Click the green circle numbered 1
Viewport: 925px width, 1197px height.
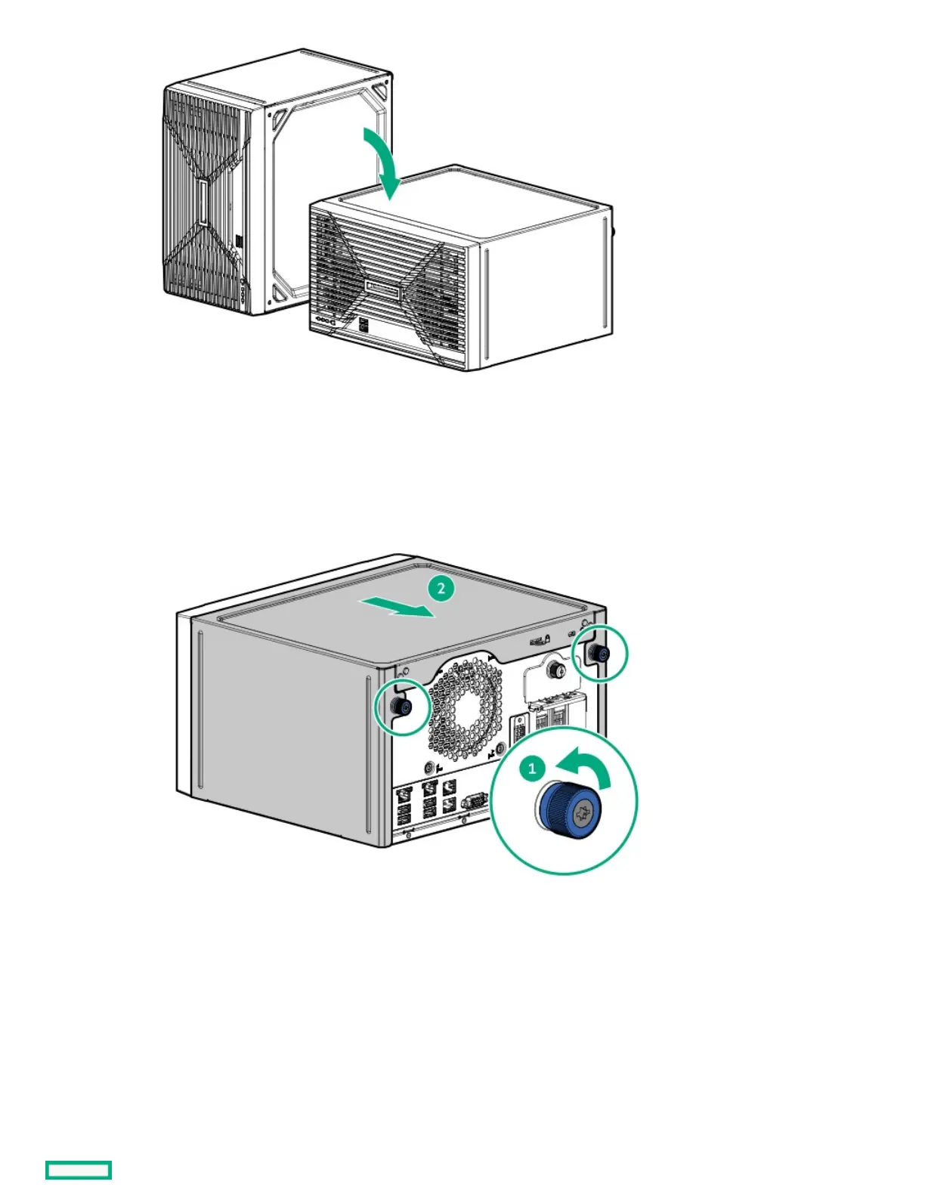[532, 769]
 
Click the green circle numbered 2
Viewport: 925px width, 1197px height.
[441, 589]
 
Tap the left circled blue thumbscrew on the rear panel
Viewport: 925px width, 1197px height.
[401, 707]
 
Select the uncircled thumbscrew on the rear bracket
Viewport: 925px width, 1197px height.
[556, 669]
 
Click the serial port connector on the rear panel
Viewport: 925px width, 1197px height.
[473, 801]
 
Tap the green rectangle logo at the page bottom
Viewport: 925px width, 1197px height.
[79, 1170]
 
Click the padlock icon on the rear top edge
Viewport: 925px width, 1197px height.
[547, 639]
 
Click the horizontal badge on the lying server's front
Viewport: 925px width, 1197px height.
[383, 287]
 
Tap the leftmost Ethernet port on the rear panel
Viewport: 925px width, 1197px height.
[404, 793]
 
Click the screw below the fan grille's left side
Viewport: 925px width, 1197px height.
[431, 767]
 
